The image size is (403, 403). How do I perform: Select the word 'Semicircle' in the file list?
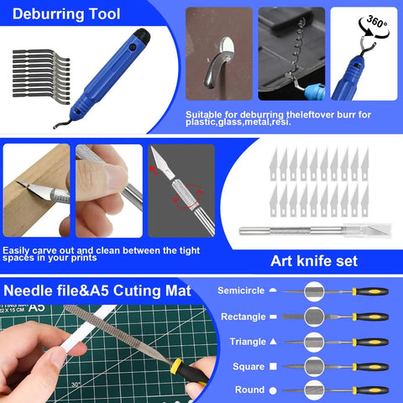pyautogui.click(x=241, y=290)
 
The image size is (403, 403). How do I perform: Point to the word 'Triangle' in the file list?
pyautogui.click(x=248, y=342)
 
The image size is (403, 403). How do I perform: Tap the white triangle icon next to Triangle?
pyautogui.click(x=274, y=342)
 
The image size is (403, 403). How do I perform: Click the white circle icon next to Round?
pyautogui.click(x=274, y=390)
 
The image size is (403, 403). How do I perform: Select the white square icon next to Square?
pyautogui.click(x=274, y=367)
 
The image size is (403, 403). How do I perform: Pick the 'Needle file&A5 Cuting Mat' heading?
pyautogui.click(x=97, y=291)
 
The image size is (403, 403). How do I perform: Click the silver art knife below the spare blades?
pyautogui.click(x=302, y=228)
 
